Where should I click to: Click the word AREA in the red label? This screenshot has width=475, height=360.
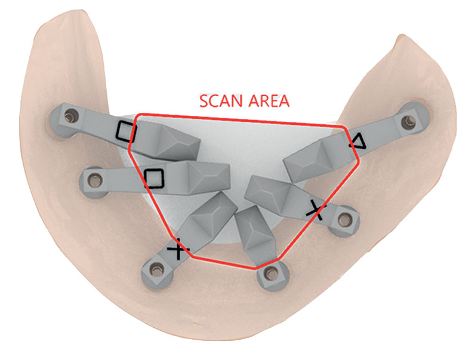point(269,101)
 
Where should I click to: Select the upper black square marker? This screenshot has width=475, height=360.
point(127,131)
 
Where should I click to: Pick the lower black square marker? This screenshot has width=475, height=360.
point(153,179)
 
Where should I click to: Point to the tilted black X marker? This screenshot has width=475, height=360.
point(316,209)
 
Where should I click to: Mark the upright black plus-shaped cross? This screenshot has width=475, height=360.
point(179,249)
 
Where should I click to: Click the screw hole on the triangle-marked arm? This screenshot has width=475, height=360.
point(408,121)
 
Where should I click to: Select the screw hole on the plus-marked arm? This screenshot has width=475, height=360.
point(156,270)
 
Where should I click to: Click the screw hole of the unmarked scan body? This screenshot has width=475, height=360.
point(272,275)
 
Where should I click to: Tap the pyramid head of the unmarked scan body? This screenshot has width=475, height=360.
point(254,232)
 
